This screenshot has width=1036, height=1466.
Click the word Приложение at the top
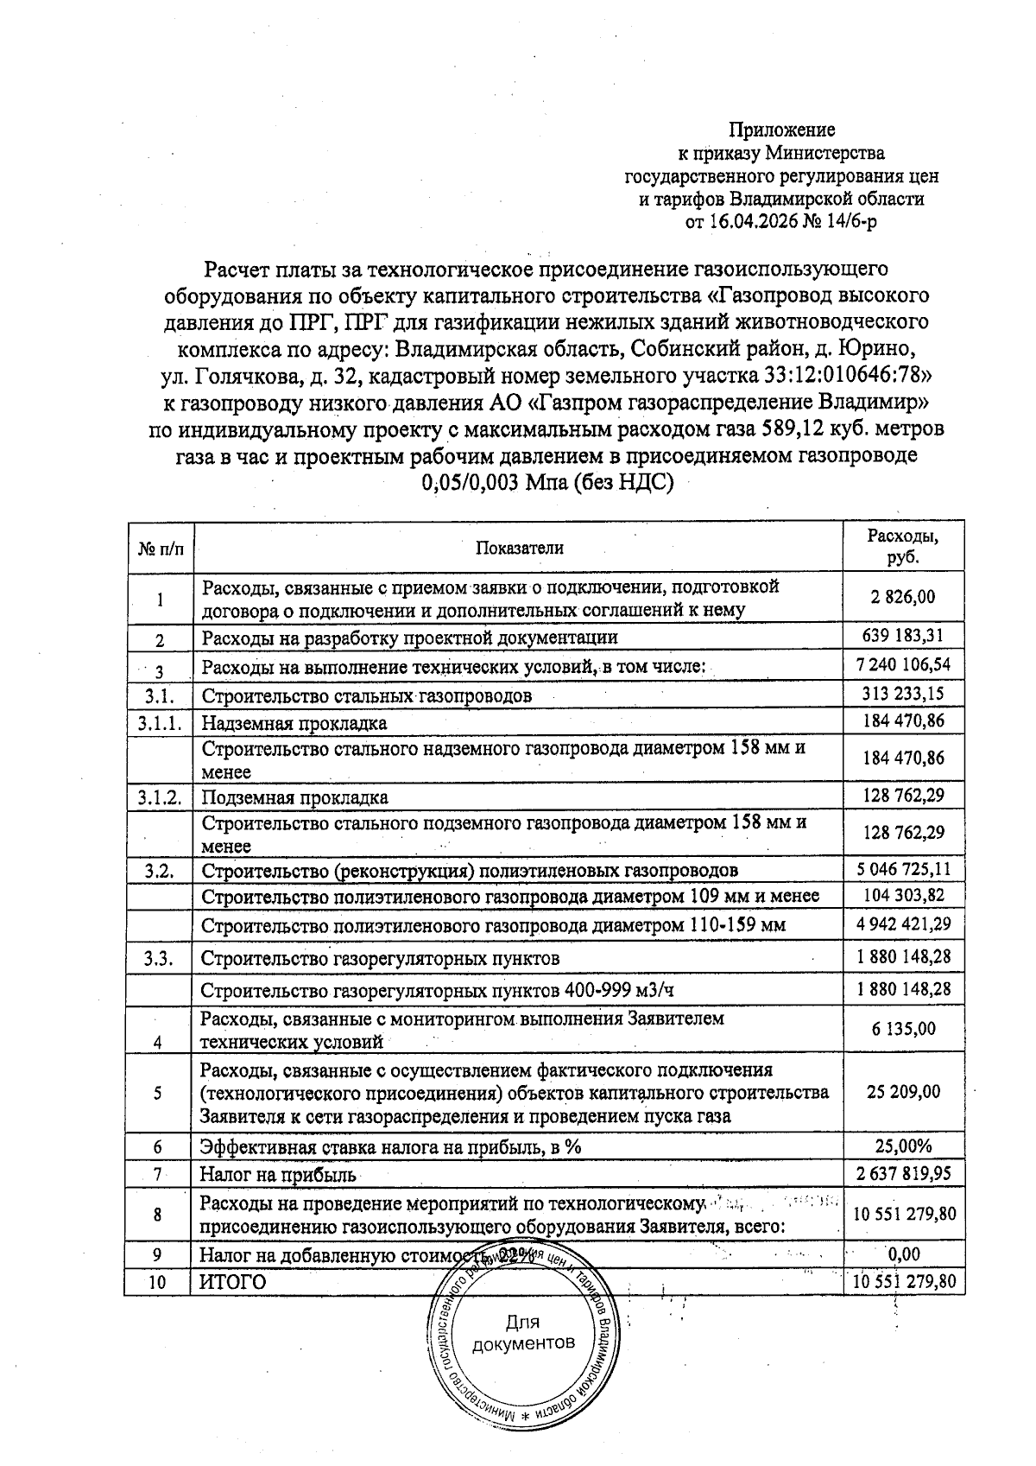coord(782,130)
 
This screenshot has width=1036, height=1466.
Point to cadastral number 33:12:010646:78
coord(844,377)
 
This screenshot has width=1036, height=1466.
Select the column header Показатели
coord(519,548)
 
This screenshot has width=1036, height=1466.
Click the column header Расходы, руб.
coord(902,547)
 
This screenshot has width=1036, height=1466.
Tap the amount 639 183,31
coord(903,637)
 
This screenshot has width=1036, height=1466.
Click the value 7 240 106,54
coord(903,665)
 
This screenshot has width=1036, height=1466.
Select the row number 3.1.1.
coord(159,723)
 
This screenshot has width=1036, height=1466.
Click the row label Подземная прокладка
coord(294,797)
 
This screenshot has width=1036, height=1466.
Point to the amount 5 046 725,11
coord(903,869)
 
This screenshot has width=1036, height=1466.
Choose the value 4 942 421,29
coord(903,924)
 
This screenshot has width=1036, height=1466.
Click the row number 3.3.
coord(161,958)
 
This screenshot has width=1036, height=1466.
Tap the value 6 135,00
coord(903,1030)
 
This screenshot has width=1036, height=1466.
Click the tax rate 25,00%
coord(903,1147)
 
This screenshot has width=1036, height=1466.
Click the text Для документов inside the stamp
coord(522,1334)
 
